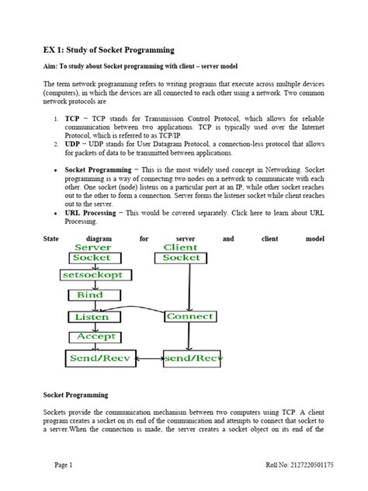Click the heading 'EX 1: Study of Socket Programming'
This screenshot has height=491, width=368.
(109, 50)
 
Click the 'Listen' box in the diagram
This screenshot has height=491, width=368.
(92, 317)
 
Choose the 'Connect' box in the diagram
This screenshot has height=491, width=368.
(189, 317)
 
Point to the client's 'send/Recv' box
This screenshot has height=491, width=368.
(194, 358)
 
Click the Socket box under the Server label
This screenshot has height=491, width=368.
(92, 257)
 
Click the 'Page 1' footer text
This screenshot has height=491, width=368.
(63, 465)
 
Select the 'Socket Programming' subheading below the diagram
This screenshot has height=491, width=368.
(75, 395)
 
